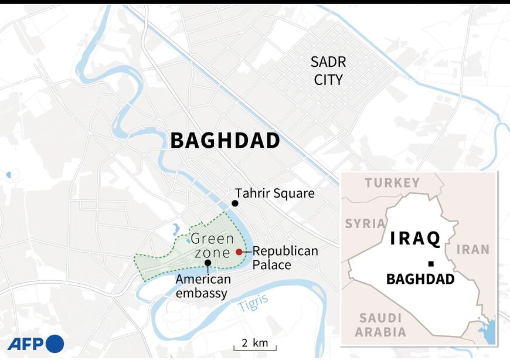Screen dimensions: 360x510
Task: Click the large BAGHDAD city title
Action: (x=225, y=141)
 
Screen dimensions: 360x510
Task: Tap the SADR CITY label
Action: (x=328, y=71)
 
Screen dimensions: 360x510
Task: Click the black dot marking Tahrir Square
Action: (x=234, y=203)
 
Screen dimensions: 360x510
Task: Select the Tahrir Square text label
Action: (x=275, y=193)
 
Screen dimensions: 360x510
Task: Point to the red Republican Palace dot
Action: (x=239, y=252)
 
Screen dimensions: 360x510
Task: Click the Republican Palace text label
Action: (x=285, y=258)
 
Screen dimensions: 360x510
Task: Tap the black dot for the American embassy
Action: (x=208, y=263)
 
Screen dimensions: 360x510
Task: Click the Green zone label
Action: (x=212, y=246)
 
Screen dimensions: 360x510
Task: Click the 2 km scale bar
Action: (x=255, y=345)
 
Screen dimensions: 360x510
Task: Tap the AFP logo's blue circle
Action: (x=54, y=343)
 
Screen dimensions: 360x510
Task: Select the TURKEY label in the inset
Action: (x=392, y=183)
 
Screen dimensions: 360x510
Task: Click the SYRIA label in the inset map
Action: (x=365, y=223)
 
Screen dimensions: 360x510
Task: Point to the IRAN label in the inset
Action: (x=472, y=249)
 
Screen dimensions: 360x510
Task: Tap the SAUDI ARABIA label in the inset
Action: (x=380, y=325)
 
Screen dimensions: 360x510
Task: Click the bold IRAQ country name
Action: (x=415, y=239)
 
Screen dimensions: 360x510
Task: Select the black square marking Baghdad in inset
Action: (x=430, y=264)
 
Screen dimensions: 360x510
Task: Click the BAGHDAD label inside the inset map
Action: (x=420, y=280)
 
